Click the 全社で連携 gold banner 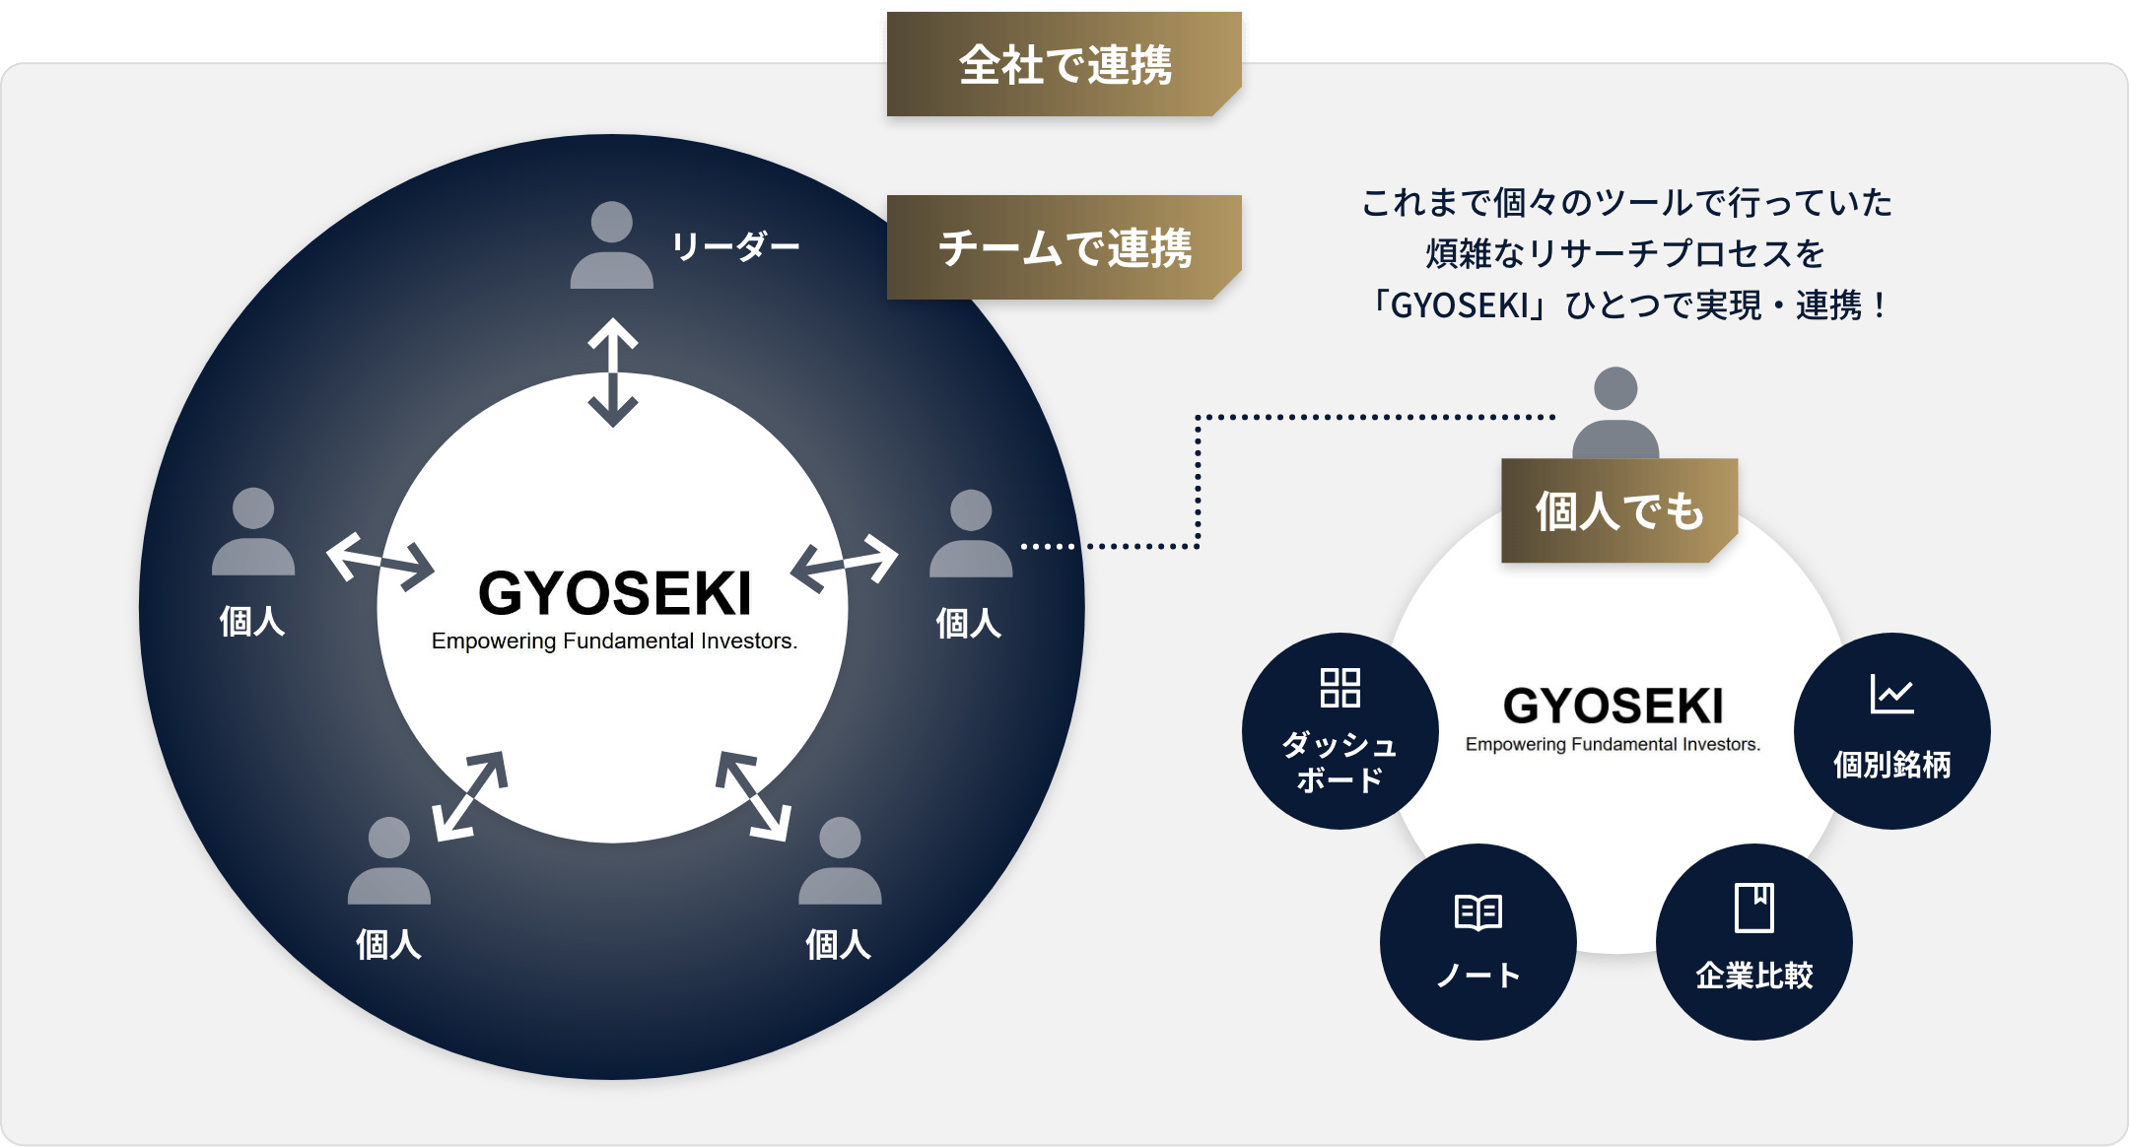tap(1064, 66)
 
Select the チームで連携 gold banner tap(1064, 247)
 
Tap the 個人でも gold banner tap(1618, 510)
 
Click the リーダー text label tap(735, 246)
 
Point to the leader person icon tap(612, 245)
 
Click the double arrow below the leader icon tap(613, 372)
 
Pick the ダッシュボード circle tap(1339, 731)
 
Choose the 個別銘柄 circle tap(1891, 731)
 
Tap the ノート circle tap(1477, 942)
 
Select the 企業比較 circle tap(1753, 942)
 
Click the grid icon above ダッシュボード tap(1339, 688)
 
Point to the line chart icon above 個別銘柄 tap(1891, 695)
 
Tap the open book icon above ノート tap(1477, 912)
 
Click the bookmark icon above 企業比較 tap(1753, 908)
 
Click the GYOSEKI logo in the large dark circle tap(614, 606)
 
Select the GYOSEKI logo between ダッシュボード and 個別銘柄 tap(1614, 717)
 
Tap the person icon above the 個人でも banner tap(1615, 414)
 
